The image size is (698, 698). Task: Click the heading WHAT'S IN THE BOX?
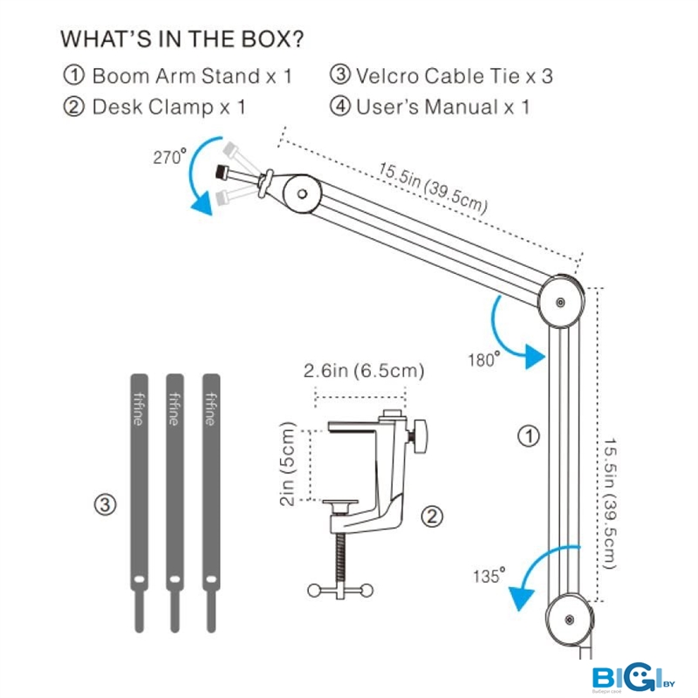point(182,39)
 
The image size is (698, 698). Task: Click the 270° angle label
point(168,158)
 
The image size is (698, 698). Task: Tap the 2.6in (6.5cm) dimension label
point(364,371)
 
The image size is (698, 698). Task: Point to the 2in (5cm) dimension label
point(291,465)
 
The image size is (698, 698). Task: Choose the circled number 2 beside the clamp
point(431,517)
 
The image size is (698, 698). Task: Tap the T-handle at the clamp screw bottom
point(341,591)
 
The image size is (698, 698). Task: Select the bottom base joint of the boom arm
point(569,620)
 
